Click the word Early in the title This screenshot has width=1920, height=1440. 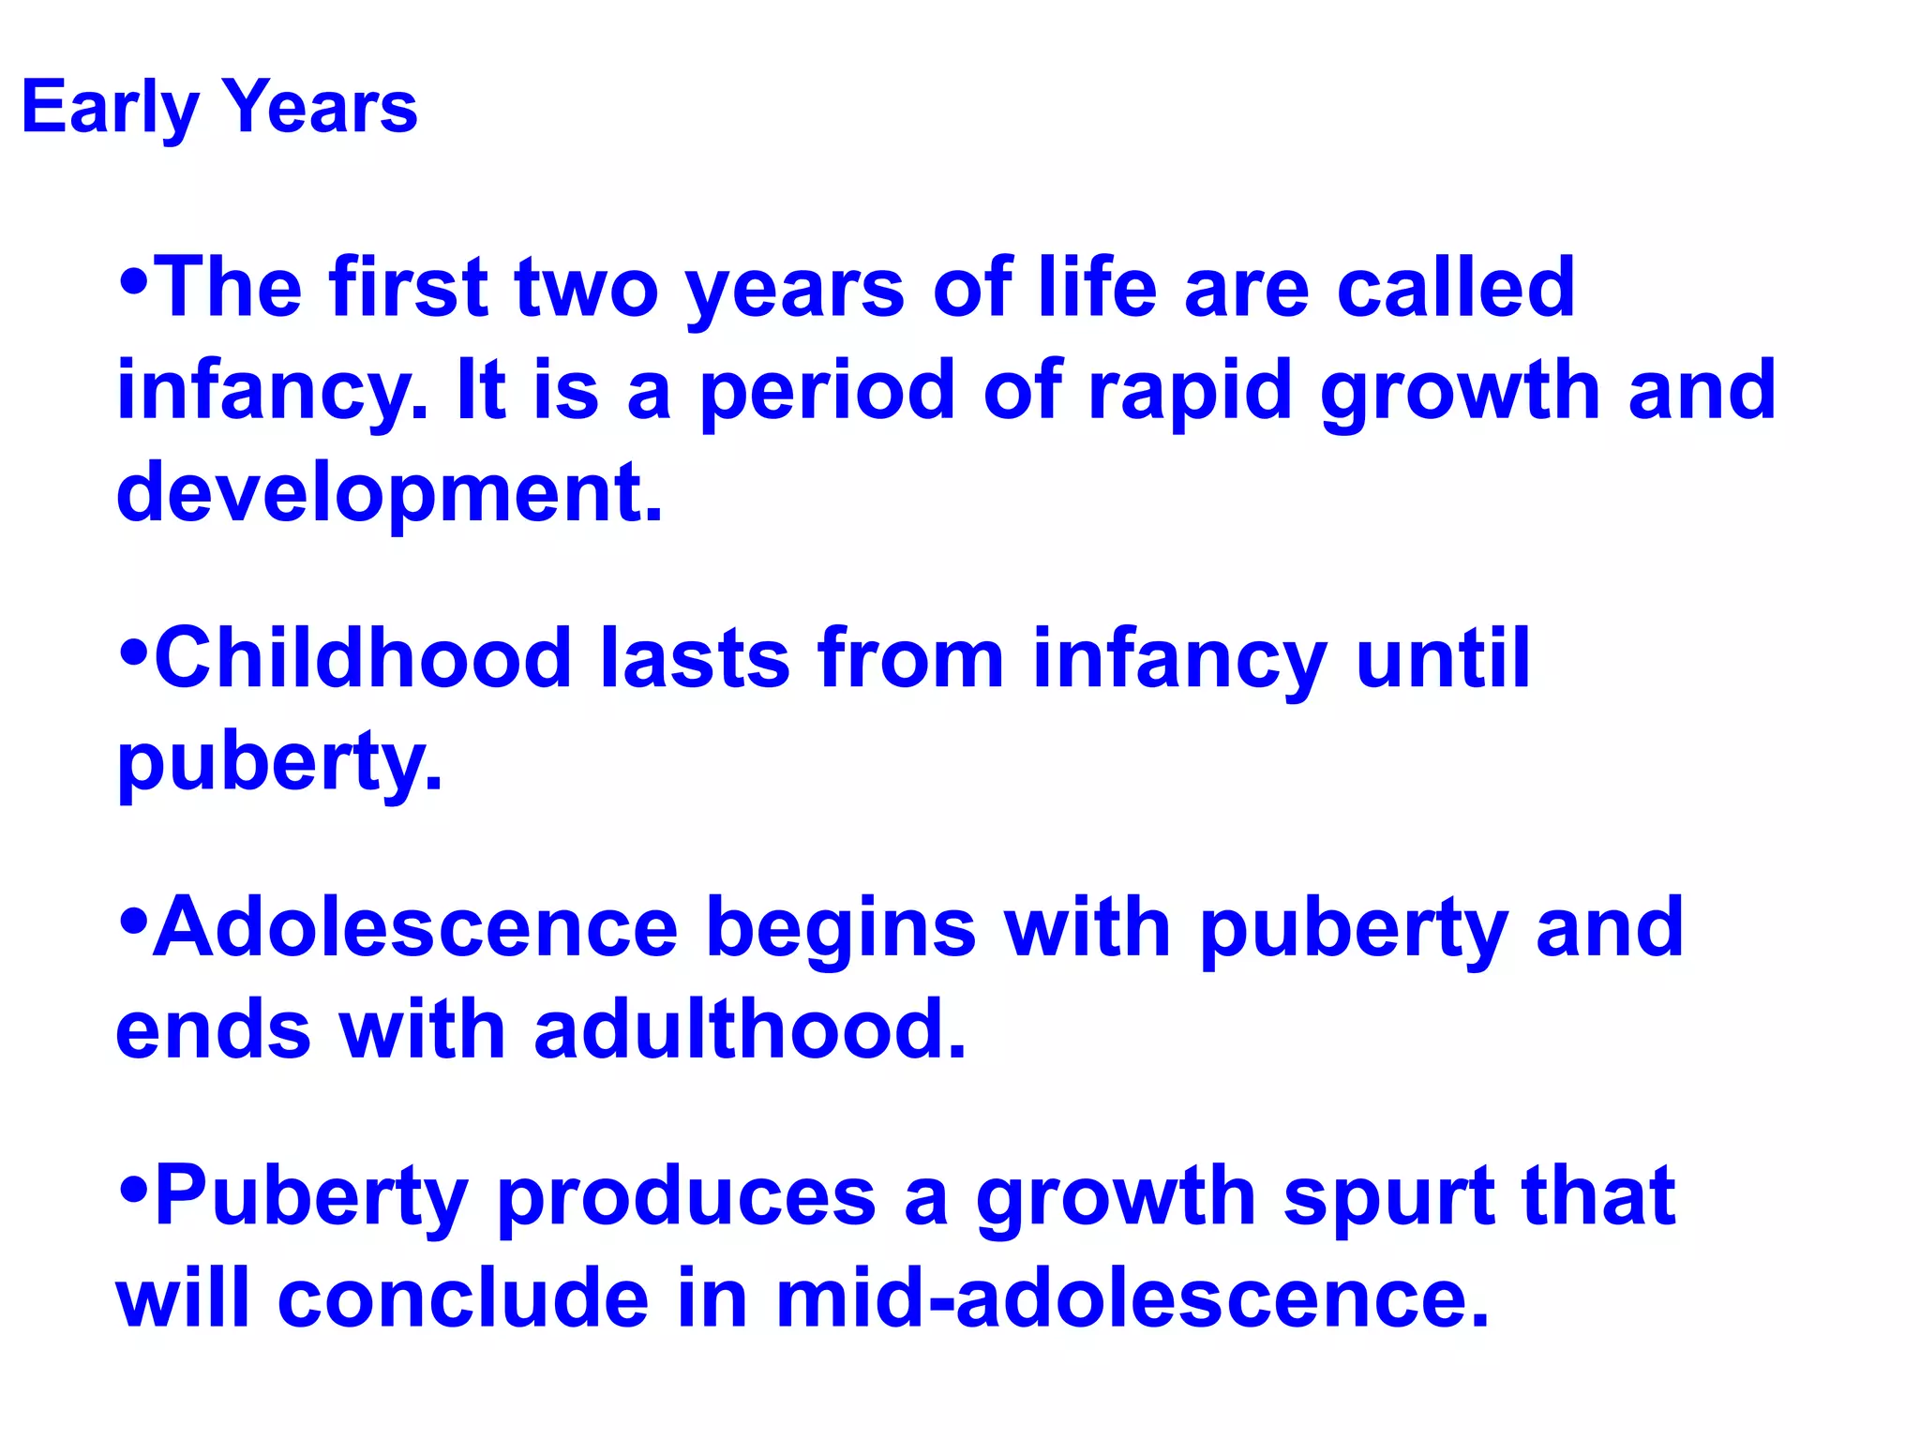coord(109,109)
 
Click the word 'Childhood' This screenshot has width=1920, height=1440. coord(363,658)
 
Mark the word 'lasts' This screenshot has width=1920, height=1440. coord(694,658)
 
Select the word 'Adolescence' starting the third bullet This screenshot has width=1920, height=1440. coord(415,927)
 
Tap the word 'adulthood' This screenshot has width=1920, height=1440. coord(750,1029)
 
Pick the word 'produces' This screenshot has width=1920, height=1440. coord(686,1198)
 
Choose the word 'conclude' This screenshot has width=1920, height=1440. coord(463,1298)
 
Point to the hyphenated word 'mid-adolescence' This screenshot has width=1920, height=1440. coord(1132,1298)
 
